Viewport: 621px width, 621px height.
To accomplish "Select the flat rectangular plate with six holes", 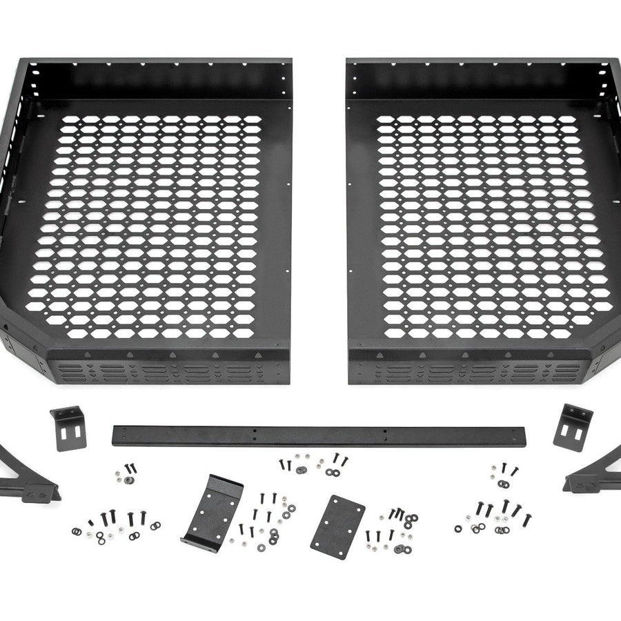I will pos(337,526).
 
